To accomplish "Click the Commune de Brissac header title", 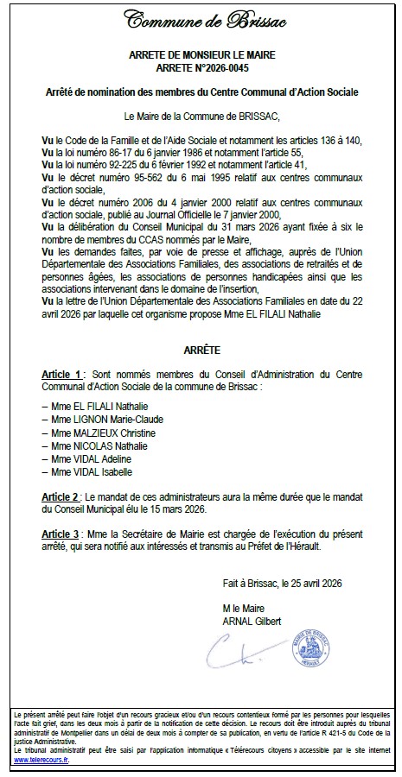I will (200, 20).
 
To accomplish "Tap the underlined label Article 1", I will (63, 375).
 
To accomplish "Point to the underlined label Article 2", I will (63, 498).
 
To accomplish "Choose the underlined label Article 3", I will (63, 534).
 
